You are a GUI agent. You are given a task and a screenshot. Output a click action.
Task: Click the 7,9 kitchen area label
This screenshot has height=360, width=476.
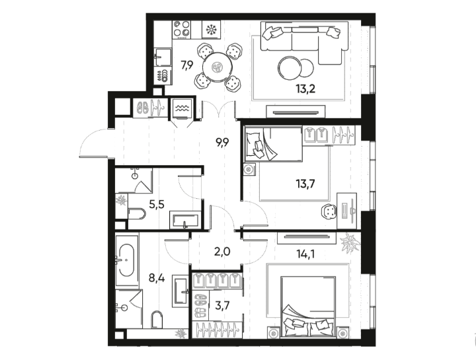click(x=187, y=65)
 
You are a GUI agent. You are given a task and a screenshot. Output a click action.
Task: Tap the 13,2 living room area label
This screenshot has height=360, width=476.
click(x=305, y=89)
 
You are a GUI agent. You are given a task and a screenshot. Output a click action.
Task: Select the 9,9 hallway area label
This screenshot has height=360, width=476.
click(x=222, y=142)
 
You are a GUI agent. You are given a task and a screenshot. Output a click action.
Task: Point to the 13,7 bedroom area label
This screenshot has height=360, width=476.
click(x=305, y=183)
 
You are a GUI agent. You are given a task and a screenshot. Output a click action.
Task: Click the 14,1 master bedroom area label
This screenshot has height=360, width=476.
click(x=305, y=254)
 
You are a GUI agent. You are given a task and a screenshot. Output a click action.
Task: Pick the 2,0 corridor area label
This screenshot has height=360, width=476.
click(x=223, y=252)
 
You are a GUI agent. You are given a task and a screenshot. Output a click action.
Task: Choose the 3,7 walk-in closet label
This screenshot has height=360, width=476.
click(x=223, y=305)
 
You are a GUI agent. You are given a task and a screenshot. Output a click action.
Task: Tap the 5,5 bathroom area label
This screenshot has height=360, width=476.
click(x=157, y=204)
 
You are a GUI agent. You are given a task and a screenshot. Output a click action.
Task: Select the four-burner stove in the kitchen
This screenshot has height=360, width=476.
click(x=182, y=30)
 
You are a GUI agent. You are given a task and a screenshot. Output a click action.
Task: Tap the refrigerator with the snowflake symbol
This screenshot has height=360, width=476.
click(x=212, y=30)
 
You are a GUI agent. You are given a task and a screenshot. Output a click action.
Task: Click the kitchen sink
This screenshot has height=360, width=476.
click(x=163, y=57)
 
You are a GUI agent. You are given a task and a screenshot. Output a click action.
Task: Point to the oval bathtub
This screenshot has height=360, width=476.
click(x=126, y=260)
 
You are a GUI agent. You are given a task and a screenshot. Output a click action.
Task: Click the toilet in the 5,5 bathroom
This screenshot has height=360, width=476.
click(x=137, y=213)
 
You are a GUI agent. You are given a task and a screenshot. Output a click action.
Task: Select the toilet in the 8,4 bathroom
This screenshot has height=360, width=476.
click(x=157, y=320)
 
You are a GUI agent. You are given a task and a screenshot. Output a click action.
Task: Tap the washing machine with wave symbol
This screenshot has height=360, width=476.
click(x=182, y=108)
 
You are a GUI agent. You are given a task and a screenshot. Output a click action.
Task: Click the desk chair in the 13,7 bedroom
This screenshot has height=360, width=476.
click(x=329, y=211)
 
